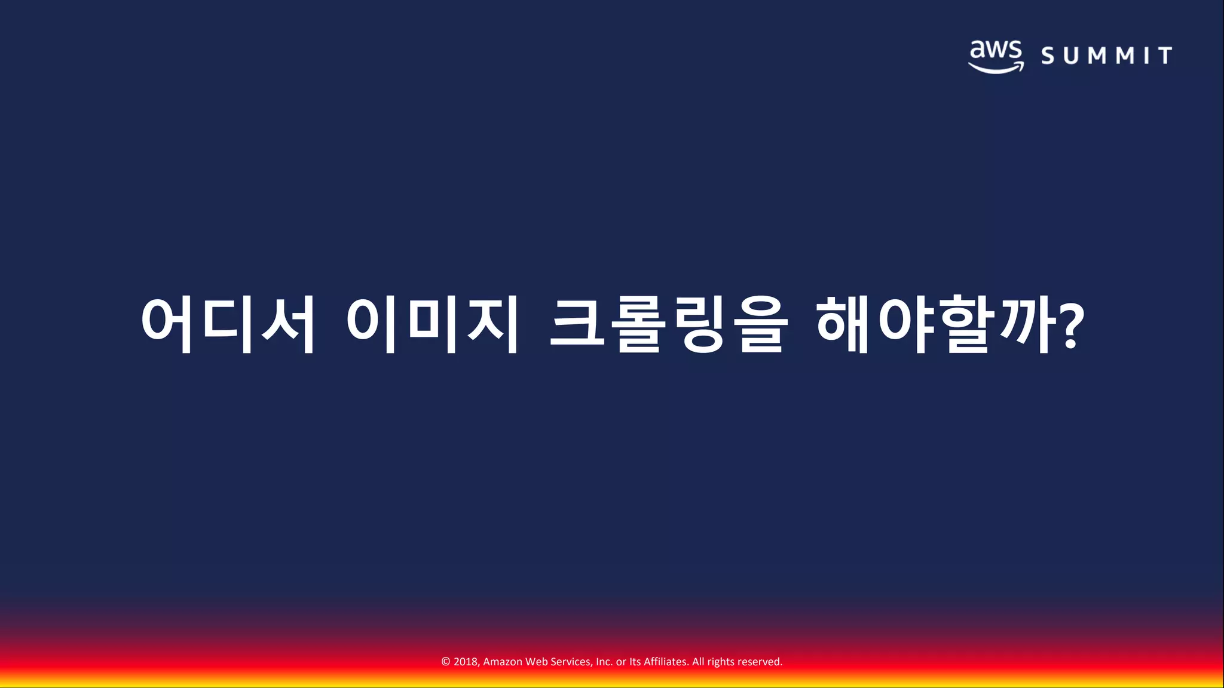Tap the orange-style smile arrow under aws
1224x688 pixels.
996,68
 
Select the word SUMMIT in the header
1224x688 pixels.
1106,56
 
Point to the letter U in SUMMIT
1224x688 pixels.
1072,56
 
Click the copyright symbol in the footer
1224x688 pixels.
446,662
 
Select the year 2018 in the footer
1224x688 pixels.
466,662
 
